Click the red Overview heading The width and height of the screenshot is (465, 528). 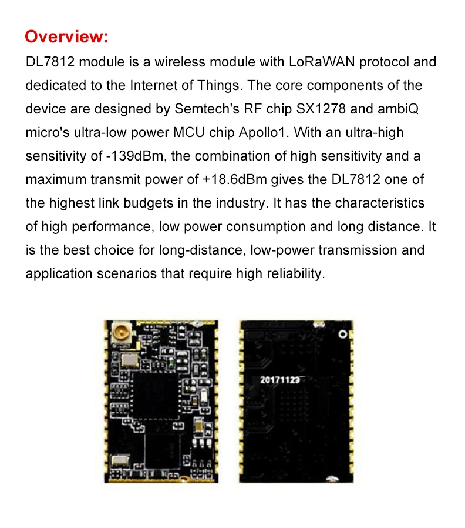[x=66, y=36]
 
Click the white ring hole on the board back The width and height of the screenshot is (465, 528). [x=341, y=333]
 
